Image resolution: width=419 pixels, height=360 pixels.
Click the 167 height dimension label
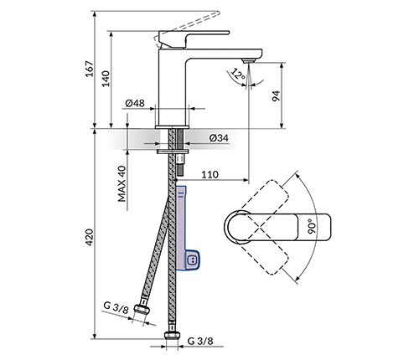[90, 69]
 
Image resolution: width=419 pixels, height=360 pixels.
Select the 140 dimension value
[106, 79]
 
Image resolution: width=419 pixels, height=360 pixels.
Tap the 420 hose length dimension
[90, 237]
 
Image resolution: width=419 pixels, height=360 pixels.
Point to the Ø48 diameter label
[135, 103]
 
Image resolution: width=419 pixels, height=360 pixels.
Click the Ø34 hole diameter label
[219, 137]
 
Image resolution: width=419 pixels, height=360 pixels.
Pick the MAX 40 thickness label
[122, 183]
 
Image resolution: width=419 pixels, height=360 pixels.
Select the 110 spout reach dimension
[209, 175]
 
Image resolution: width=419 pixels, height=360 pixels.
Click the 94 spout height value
[276, 95]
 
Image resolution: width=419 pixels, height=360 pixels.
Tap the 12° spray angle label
[238, 75]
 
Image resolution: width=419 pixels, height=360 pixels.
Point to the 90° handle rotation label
[312, 226]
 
